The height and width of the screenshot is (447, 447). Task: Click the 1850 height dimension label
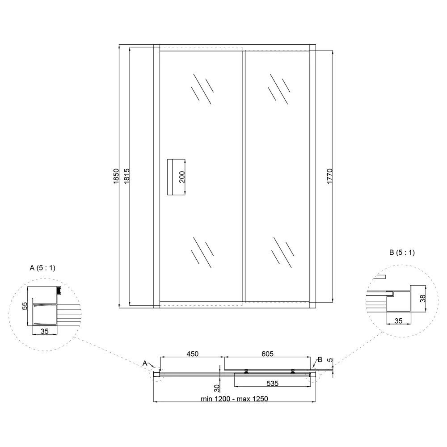[116, 176]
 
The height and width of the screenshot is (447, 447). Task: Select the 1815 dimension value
[127, 176]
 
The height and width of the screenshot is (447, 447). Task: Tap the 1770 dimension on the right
[329, 176]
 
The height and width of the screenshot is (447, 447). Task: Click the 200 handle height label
[182, 177]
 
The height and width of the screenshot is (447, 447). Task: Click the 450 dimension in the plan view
[192, 354]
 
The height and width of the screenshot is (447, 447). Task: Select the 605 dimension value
[267, 354]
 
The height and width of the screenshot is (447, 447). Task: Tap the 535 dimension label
[273, 384]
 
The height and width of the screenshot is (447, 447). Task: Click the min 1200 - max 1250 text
[234, 399]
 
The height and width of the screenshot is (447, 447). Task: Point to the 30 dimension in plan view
[217, 388]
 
